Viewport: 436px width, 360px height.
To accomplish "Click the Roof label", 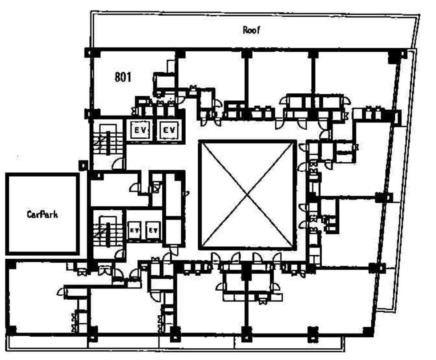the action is pos(251,30).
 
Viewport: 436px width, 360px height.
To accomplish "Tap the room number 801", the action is pos(123,77).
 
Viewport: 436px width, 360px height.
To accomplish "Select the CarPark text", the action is pos(43,214).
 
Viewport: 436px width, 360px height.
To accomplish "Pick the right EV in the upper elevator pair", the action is pos(169,130).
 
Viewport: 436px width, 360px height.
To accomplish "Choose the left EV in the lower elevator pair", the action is pos(134,230).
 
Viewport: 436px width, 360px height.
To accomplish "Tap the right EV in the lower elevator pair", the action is pos(153,230).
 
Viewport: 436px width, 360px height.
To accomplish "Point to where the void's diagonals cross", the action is pos(247,195).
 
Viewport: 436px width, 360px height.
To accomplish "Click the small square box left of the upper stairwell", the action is pos(83,166).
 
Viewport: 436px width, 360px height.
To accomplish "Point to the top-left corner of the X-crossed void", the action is pos(200,142).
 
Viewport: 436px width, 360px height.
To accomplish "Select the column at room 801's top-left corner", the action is pos(92,53).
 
